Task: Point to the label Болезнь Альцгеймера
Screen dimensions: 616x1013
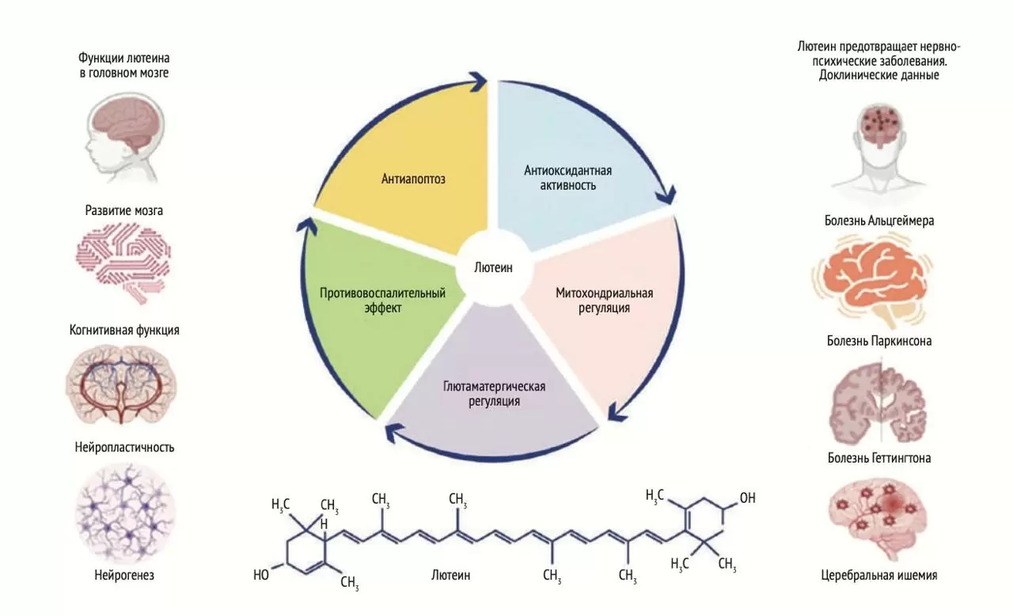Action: [x=879, y=221]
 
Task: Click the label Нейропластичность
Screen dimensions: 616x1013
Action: [x=124, y=448]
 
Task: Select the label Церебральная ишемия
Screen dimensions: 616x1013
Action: [x=879, y=576]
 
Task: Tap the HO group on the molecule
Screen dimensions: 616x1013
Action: [x=261, y=575]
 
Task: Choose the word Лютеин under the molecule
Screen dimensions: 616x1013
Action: [x=451, y=576]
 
